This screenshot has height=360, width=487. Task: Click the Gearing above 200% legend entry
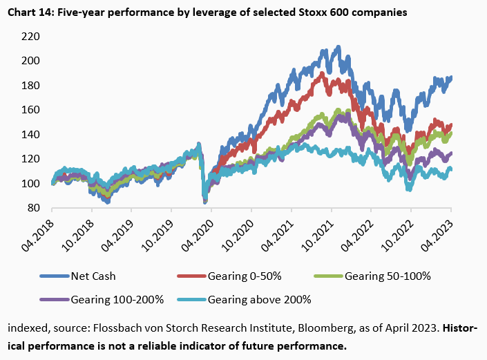pyautogui.click(x=258, y=300)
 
